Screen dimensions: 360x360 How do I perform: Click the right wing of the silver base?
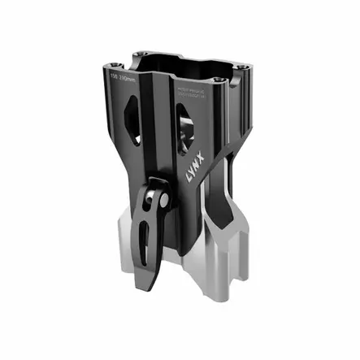point(236,236)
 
